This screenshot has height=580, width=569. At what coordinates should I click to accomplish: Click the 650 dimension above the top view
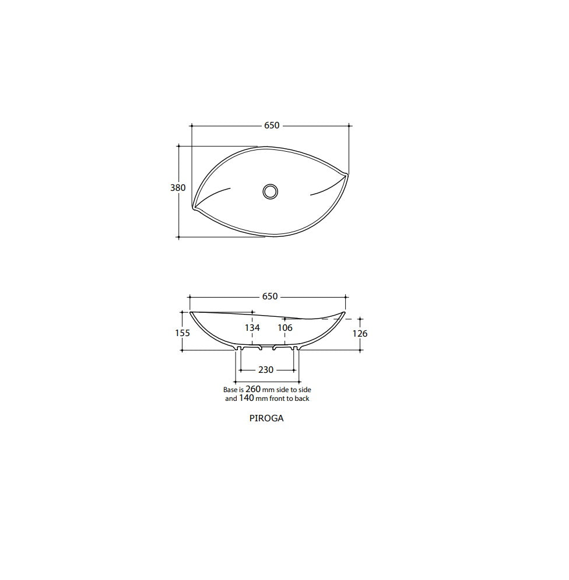272,125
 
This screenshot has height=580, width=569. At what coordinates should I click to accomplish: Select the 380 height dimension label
178,188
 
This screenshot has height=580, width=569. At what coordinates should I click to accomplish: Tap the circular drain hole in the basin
270,191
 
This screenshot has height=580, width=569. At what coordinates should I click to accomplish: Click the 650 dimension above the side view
270,296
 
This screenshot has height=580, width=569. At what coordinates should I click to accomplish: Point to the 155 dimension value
182,333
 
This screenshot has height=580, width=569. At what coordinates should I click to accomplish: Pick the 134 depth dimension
252,328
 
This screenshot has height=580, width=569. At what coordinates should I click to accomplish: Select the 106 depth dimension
284,328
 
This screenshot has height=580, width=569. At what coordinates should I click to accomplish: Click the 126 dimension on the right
360,334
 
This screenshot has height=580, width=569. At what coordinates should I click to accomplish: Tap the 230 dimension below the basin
266,370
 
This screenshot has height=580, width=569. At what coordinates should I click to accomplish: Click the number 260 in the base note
253,389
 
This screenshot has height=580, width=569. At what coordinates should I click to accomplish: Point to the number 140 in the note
247,399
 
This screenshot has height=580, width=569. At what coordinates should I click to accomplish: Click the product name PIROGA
266,418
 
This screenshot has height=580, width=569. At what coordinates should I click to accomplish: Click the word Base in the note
230,389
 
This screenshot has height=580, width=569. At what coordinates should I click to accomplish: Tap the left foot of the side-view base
238,348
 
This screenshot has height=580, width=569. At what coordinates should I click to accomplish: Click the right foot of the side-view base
296,348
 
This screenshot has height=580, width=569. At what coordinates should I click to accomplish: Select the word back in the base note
302,399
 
